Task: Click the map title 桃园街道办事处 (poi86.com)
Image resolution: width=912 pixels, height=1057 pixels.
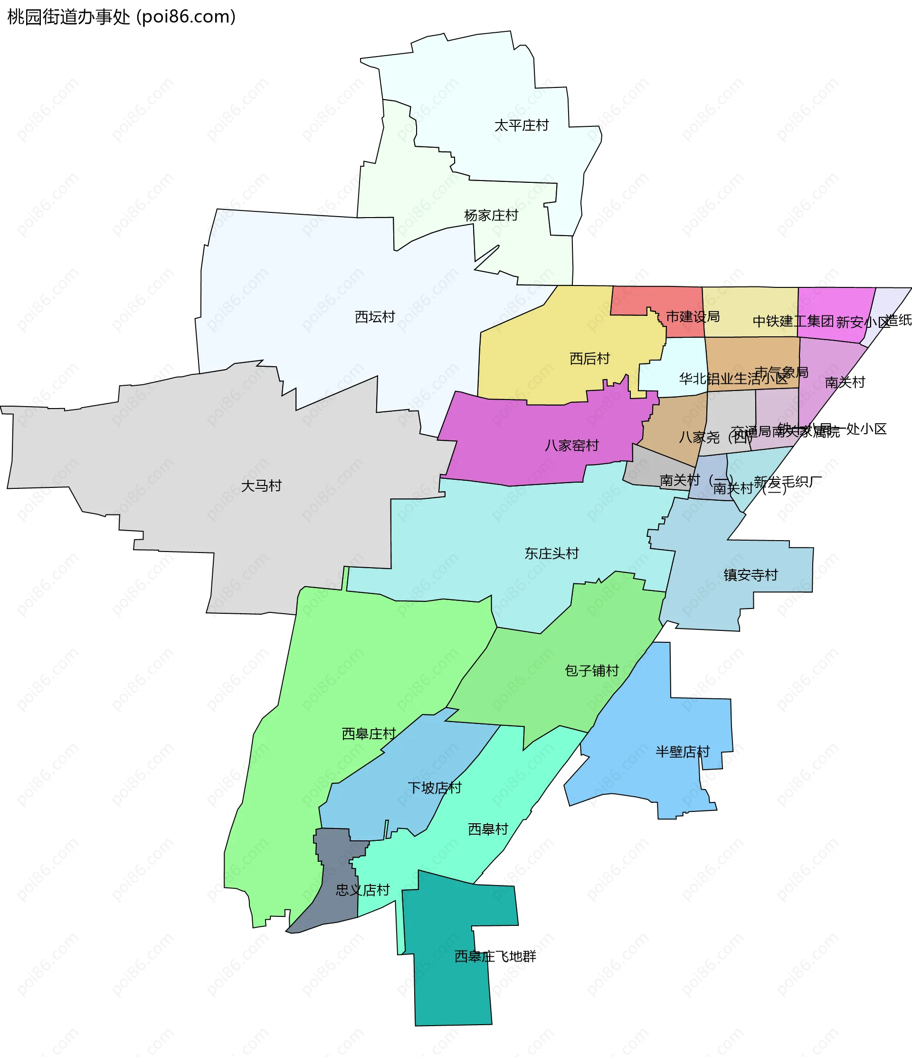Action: (122, 17)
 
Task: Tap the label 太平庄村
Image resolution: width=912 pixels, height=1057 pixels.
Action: (521, 125)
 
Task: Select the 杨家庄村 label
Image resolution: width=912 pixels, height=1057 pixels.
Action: (491, 215)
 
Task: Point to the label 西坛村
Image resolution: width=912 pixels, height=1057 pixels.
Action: (375, 317)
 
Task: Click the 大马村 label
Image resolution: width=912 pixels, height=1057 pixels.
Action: (261, 486)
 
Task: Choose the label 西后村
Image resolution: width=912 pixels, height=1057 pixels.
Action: (589, 359)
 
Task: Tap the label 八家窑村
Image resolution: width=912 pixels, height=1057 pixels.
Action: (571, 445)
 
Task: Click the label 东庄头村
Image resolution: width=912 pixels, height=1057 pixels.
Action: (551, 553)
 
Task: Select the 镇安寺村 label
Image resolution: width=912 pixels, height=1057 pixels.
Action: (750, 575)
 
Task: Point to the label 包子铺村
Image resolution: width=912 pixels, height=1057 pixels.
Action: (592, 670)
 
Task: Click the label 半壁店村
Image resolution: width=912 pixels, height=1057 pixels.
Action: (683, 752)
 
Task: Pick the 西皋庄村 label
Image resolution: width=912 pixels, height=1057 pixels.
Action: (369, 733)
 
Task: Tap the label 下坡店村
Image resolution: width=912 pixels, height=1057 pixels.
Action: (435, 788)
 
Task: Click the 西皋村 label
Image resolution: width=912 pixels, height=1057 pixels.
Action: (488, 829)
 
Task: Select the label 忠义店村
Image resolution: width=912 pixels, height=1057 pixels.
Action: (362, 890)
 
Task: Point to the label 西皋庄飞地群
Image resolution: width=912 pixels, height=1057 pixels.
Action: (495, 956)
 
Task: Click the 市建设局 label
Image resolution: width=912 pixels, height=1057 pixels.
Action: (693, 317)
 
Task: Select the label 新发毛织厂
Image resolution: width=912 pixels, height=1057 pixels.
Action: (788, 482)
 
